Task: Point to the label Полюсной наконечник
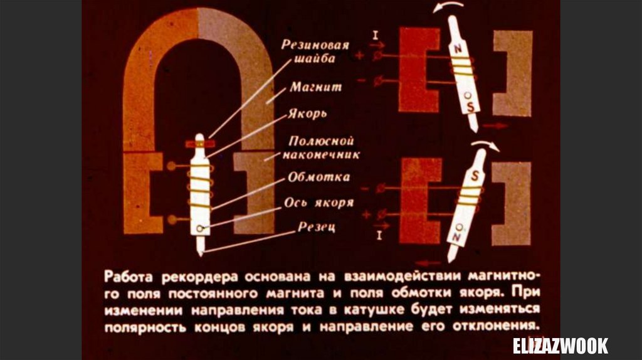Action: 324,147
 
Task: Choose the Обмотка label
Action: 318,177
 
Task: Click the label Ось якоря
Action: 318,203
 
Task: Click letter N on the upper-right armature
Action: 458,47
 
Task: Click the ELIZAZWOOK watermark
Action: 560,346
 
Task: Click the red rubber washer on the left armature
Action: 199,144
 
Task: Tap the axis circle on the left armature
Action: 199,228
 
